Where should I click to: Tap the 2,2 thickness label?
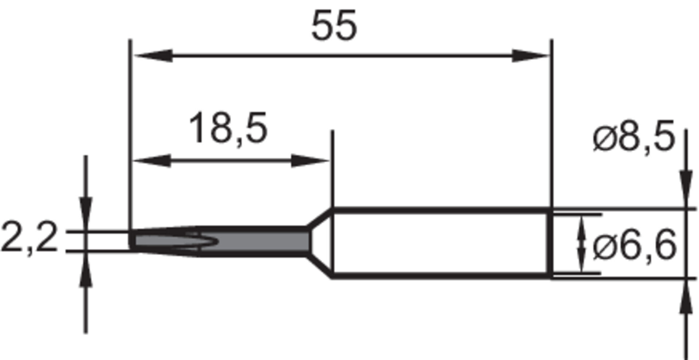coord(29,238)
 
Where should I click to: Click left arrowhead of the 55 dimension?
coord(153,56)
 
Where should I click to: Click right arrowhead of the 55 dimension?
coord(530,56)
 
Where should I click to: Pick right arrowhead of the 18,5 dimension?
coord(309,161)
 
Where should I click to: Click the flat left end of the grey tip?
coord(132,240)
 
